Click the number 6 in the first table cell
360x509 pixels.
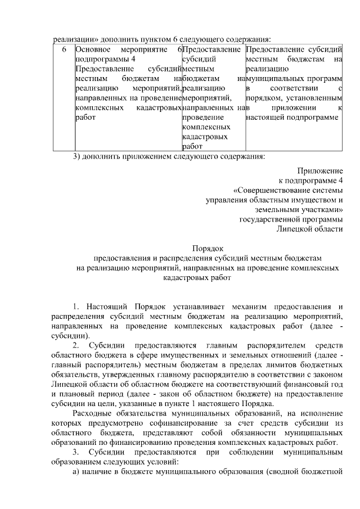64,49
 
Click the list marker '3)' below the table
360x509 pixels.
79,156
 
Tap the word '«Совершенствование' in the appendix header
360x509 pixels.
271,190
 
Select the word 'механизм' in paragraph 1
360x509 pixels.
250,306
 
